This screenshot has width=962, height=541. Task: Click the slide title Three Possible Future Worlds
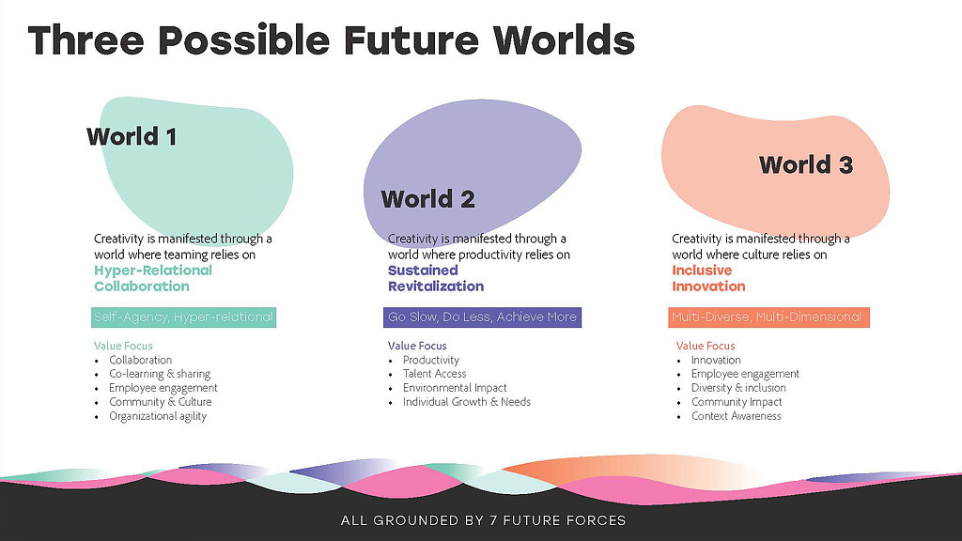pos(332,40)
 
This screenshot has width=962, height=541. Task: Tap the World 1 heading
pos(132,136)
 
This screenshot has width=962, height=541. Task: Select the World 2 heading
pos(427,199)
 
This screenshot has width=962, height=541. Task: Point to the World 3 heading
pos(806,164)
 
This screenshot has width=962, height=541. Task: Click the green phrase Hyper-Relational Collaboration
pos(153,278)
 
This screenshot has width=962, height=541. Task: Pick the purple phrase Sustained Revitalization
pos(436,278)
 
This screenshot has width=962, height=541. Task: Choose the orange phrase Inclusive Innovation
pos(708,278)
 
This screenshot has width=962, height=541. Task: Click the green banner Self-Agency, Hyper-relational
pos(183,317)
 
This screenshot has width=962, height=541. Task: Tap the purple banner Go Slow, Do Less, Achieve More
pos(482,317)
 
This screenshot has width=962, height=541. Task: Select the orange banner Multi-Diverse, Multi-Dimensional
pos(768,317)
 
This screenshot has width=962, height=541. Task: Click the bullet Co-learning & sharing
pos(160,374)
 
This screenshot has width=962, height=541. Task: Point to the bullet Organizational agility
pos(158,416)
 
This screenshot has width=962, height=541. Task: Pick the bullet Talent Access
pos(434,374)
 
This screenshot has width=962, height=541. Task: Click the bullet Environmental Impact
pos(455,388)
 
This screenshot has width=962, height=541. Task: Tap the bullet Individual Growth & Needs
pos(466,402)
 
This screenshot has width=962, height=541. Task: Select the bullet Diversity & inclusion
pos(738,388)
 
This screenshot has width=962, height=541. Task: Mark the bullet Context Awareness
pos(737,416)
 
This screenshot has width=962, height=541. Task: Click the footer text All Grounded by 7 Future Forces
pos(484,520)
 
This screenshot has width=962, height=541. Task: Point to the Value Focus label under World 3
pos(705,346)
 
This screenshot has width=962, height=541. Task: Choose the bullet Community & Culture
pos(160,402)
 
